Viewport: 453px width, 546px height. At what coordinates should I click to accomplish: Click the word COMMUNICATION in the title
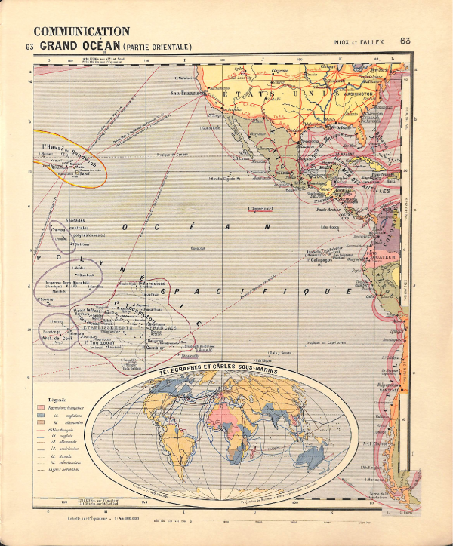pyautogui.click(x=82, y=32)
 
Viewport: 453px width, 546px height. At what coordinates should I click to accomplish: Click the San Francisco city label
pyautogui.click(x=188, y=94)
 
